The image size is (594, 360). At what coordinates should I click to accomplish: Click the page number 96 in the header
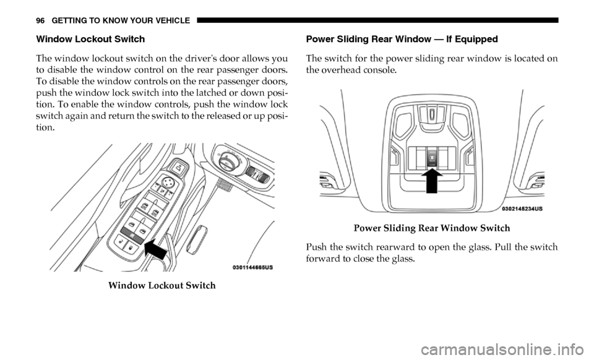[40, 21]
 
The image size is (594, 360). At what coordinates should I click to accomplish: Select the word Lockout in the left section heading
[82, 39]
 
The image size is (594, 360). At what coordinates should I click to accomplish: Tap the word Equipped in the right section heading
[478, 39]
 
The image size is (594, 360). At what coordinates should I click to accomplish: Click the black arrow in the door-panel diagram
[156, 248]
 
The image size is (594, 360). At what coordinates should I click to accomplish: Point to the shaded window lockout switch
[131, 236]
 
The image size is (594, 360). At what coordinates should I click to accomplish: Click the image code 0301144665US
[252, 267]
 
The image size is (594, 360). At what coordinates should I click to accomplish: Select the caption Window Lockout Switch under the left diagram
[161, 285]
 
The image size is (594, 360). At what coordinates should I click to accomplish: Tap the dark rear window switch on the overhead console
[431, 156]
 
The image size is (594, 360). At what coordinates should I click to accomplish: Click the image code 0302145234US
[523, 208]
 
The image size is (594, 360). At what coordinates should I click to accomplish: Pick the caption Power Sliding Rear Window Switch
[431, 228]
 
